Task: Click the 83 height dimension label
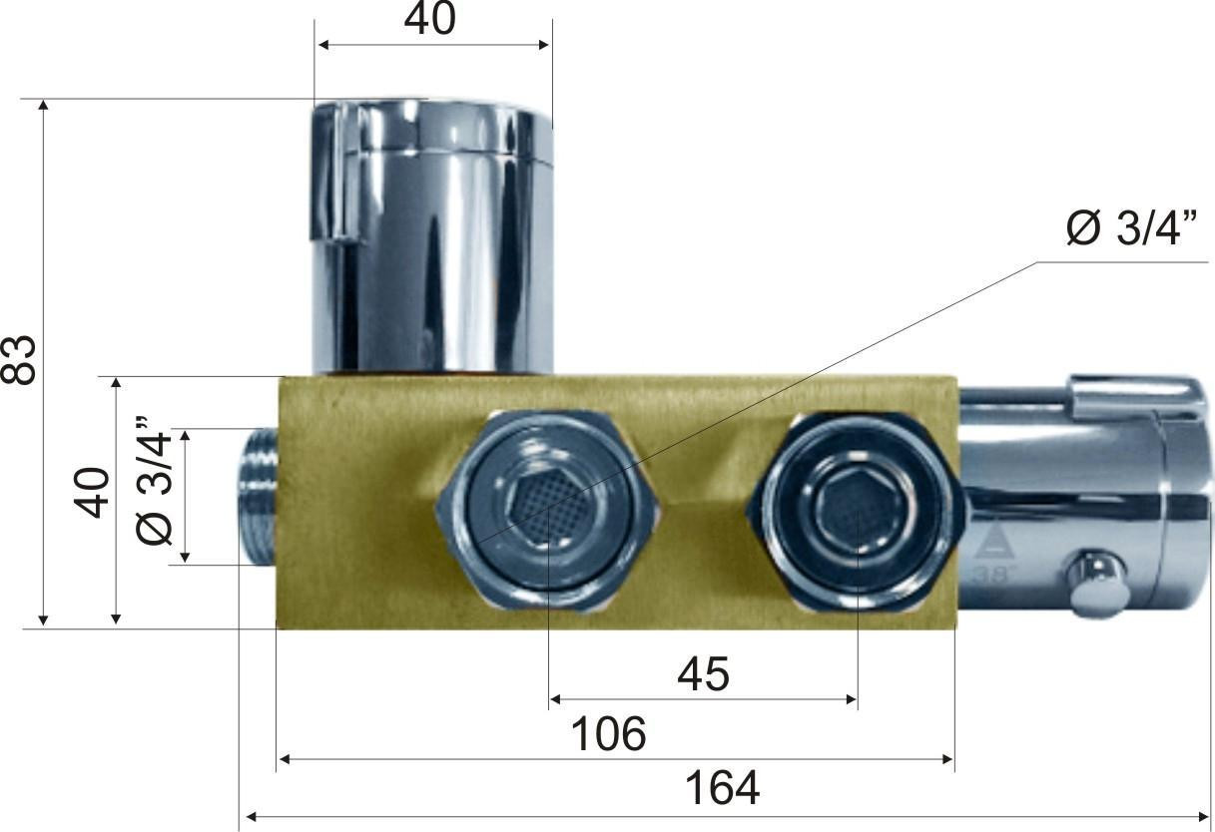(20, 360)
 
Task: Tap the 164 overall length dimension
(723, 788)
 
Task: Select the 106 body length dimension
(609, 734)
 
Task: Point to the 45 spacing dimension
(703, 674)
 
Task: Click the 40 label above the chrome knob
(430, 20)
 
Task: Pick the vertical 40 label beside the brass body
(92, 492)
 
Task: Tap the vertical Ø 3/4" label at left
(154, 480)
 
